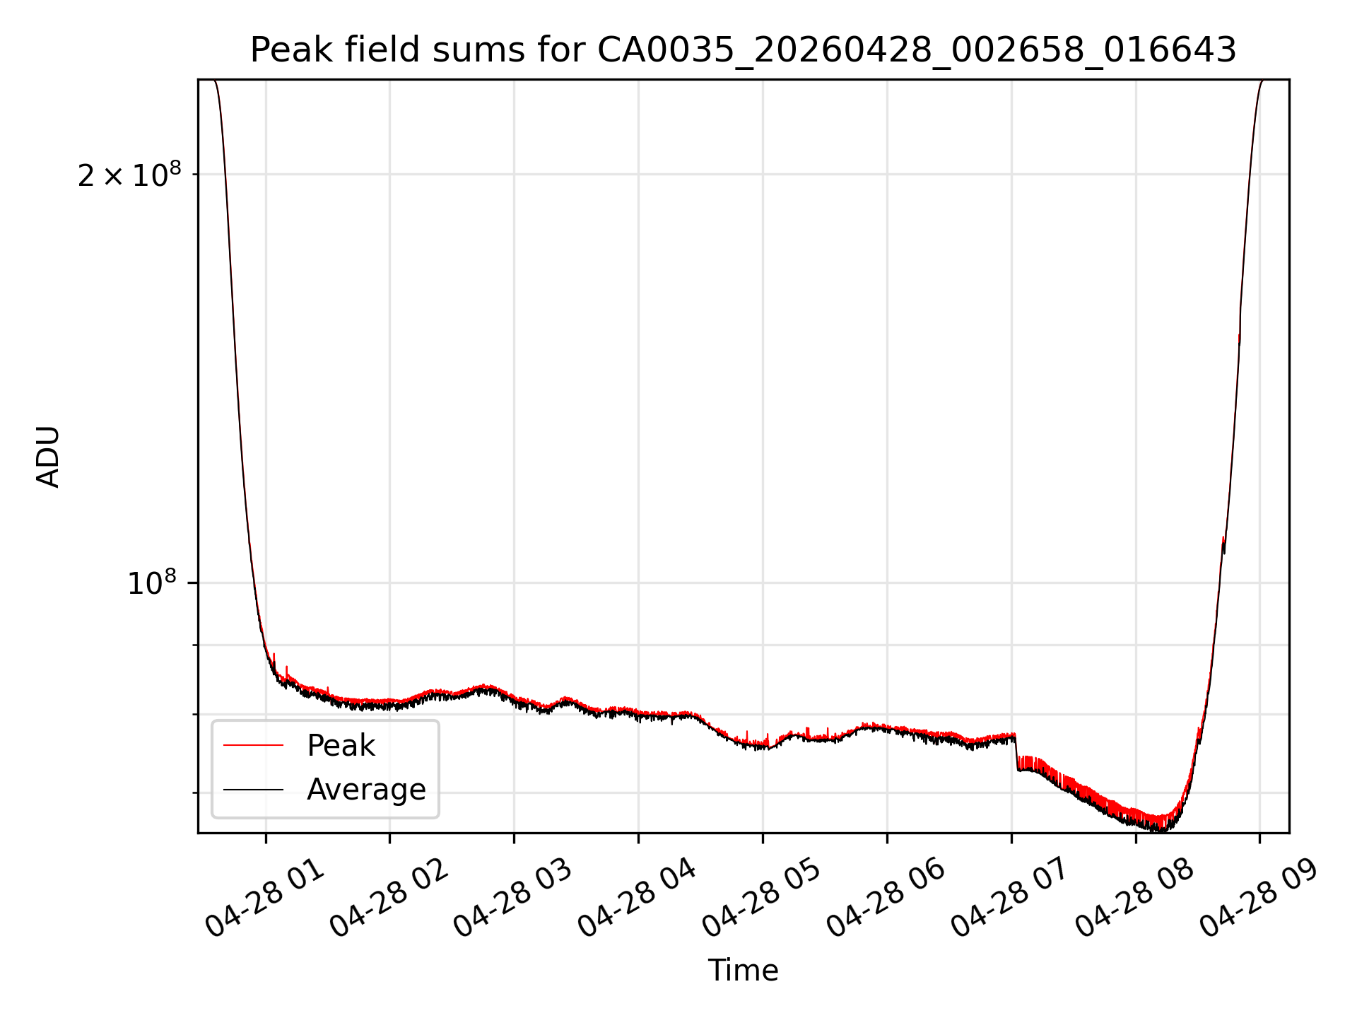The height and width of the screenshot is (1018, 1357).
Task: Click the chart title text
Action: [743, 50]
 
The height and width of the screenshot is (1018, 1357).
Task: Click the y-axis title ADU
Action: [48, 457]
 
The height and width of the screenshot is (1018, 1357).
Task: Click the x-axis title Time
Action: [743, 971]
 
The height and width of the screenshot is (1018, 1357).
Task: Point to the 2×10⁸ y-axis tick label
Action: [129, 175]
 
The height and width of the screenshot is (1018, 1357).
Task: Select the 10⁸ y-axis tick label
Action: [151, 583]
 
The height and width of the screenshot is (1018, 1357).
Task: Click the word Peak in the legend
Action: [341, 746]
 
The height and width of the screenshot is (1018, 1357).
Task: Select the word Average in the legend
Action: [366, 789]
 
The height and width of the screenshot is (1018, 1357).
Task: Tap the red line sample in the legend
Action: [253, 745]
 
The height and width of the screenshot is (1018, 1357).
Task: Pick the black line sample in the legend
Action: [253, 789]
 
